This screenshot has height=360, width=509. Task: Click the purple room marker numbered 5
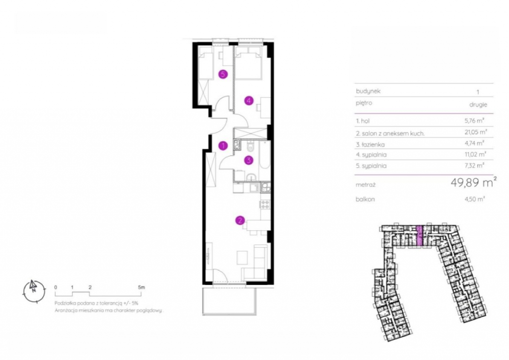(223, 75)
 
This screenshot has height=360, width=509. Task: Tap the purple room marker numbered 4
(249, 100)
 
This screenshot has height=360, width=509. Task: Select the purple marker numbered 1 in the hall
(223, 146)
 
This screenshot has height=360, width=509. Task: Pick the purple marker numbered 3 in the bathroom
(249, 160)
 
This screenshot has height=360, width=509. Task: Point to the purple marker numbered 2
(240, 221)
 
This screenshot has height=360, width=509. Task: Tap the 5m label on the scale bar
(142, 287)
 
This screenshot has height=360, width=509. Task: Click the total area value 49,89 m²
(474, 182)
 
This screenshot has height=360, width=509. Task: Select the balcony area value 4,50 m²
(475, 199)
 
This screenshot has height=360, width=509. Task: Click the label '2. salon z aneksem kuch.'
(390, 133)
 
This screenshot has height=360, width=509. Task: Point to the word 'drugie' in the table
(478, 105)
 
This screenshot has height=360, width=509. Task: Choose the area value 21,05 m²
(476, 132)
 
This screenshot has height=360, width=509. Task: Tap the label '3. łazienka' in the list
(370, 145)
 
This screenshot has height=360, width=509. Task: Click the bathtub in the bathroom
(264, 155)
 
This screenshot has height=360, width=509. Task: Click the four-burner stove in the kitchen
(265, 204)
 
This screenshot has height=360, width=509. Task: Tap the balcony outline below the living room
(230, 301)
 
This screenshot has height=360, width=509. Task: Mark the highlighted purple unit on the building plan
(420, 235)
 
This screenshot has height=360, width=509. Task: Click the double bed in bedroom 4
(249, 64)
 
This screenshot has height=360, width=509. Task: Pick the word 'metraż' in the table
(365, 184)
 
